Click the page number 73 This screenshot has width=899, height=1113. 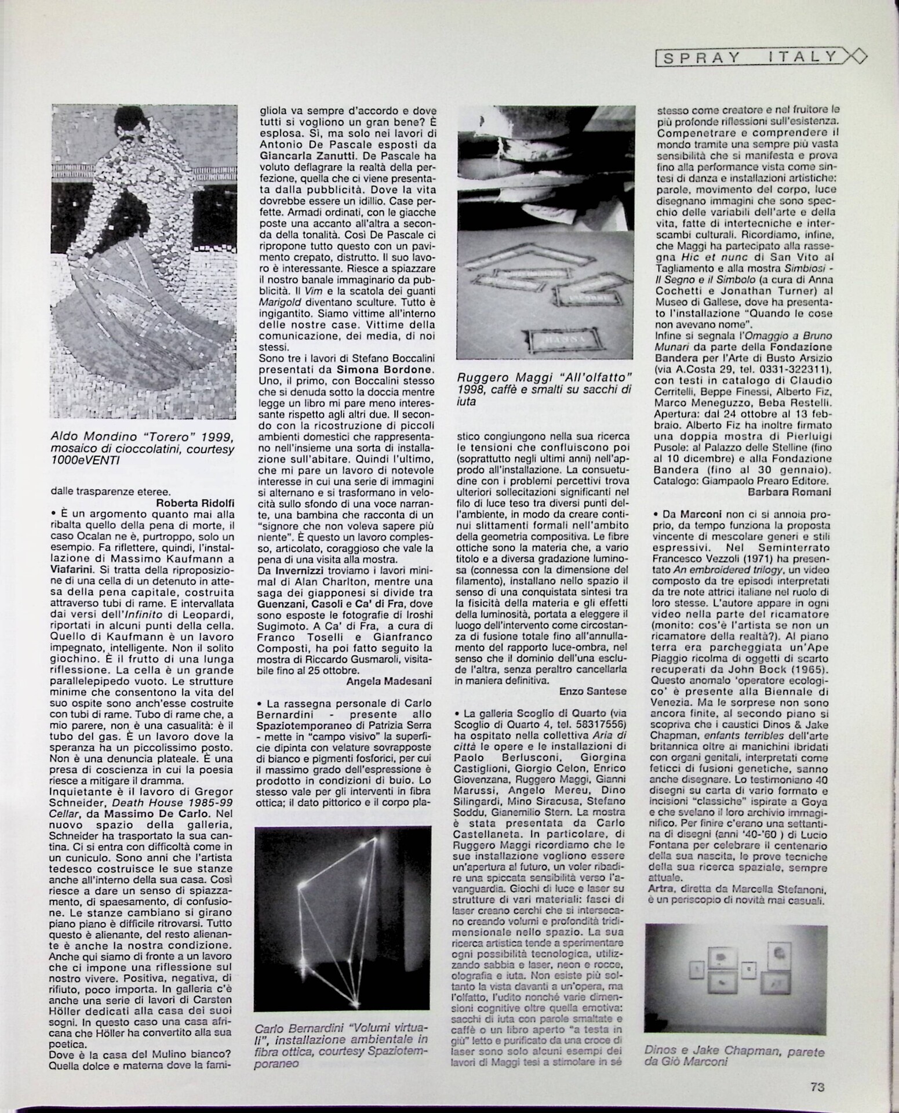817,1087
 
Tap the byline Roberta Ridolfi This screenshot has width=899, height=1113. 195,503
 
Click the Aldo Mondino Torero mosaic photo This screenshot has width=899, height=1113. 144,261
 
